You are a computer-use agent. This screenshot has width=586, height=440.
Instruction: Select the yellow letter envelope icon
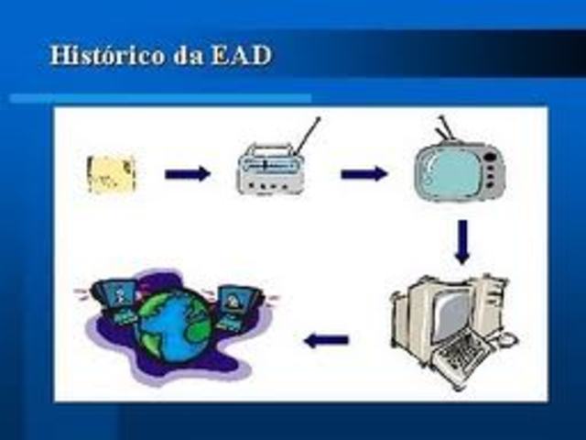tap(112, 174)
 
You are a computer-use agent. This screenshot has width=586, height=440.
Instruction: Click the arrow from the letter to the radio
tap(188, 174)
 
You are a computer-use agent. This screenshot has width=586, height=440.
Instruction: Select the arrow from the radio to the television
tap(364, 174)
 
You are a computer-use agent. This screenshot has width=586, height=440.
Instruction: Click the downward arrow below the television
tap(462, 241)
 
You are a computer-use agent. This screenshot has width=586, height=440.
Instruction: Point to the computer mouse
tap(509, 341)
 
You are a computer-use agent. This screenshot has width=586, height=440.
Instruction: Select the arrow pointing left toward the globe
tap(327, 341)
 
